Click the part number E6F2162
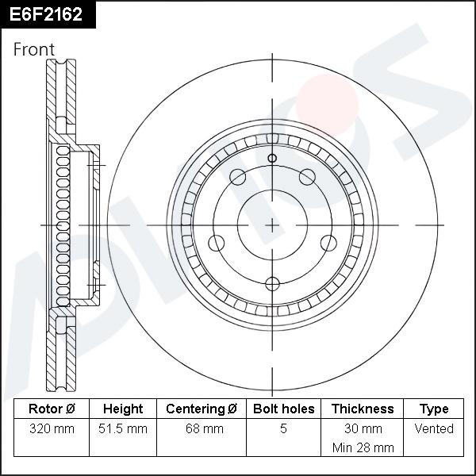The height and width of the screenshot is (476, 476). tap(47, 14)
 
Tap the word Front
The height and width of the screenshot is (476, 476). tap(34, 49)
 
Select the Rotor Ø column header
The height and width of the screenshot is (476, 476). tap(52, 409)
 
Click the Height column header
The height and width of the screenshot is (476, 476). tap(123, 409)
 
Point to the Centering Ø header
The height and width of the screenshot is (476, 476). tap(202, 409)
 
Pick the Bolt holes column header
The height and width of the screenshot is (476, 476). tap(283, 409)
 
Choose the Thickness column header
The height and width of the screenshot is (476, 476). tap(362, 409)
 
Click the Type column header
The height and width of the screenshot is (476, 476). tap(434, 409)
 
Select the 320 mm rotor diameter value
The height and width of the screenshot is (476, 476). tap(52, 429)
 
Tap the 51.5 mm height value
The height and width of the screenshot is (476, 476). tap(124, 429)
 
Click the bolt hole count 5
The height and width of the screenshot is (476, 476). tap(283, 429)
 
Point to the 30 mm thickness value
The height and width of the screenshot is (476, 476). tap(362, 429)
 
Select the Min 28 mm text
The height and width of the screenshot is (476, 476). tap(362, 447)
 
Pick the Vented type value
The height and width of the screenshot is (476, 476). tap(434, 429)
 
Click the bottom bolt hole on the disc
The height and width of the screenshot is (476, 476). tap(272, 283)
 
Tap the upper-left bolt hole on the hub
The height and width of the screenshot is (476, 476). tap(237, 177)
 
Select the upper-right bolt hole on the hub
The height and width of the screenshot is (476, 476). tap(307, 177)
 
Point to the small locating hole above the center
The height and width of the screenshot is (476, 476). tap(272, 159)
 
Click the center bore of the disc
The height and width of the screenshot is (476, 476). tap(272, 225)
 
